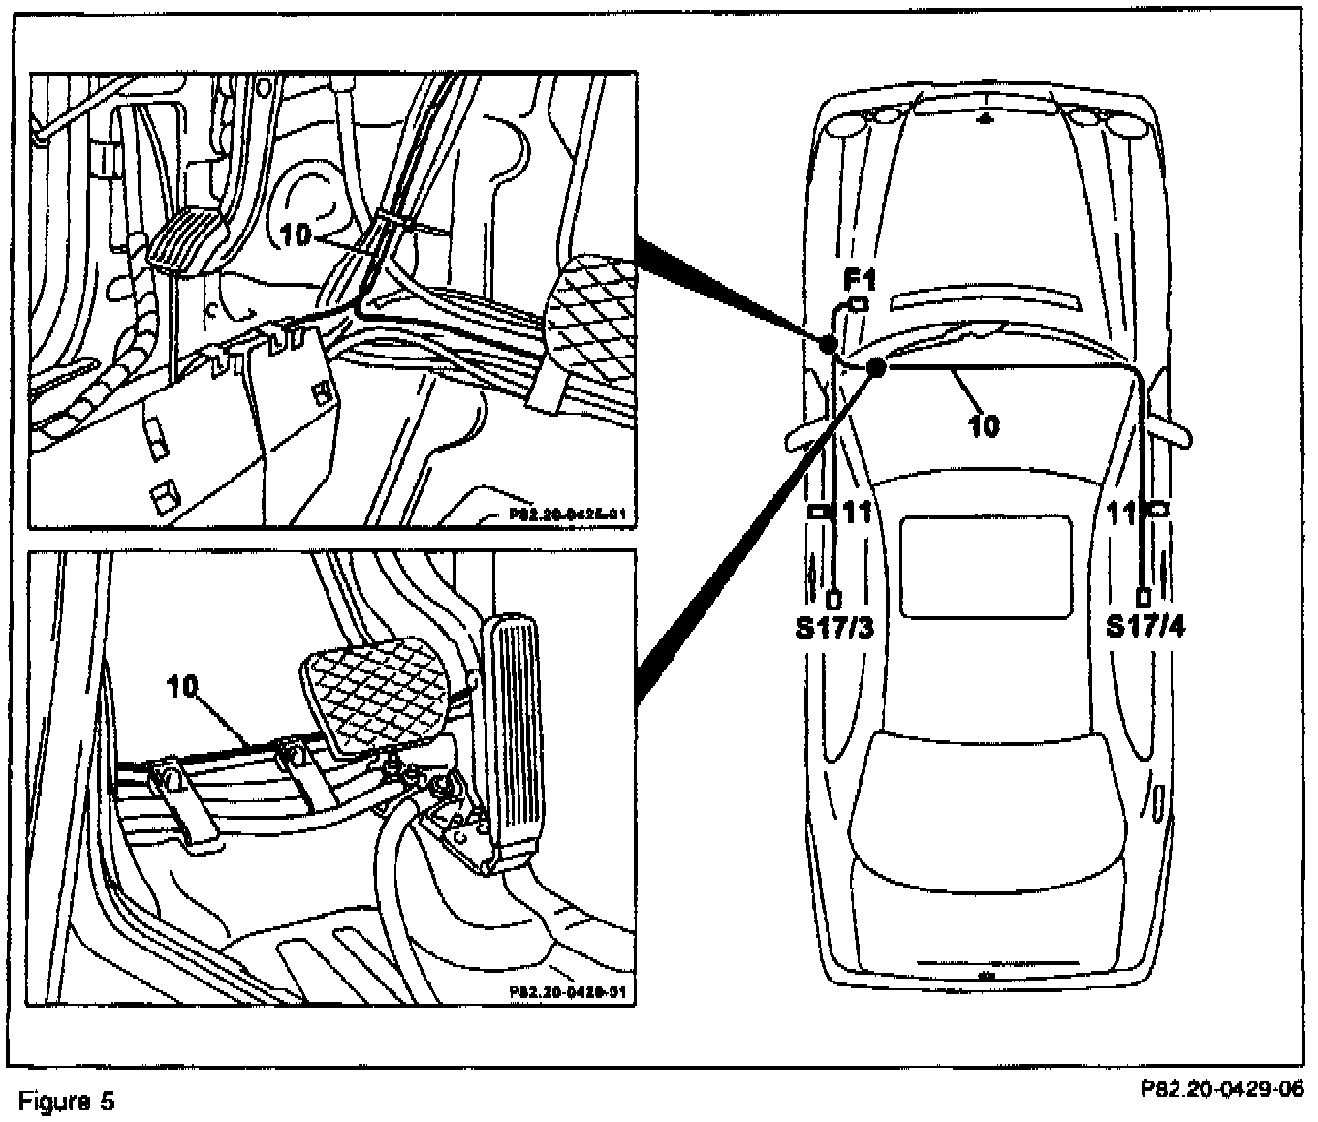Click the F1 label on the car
coord(859,282)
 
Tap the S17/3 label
coord(834,628)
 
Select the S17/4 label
coord(1147,628)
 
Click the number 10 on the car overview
coord(984,424)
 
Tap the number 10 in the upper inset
coord(299,234)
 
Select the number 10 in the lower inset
coord(182,687)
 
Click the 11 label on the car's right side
coord(1121,513)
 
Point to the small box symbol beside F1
coord(858,304)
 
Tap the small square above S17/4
coord(1145,597)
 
